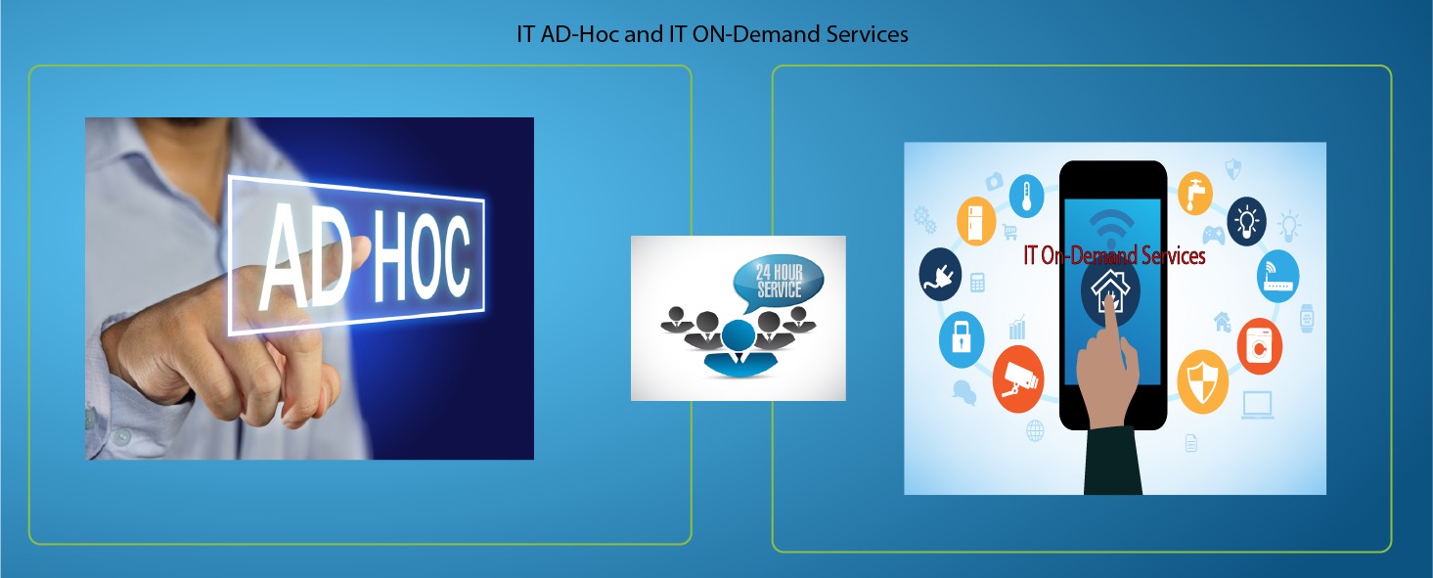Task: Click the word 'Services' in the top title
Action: pyautogui.click(x=867, y=34)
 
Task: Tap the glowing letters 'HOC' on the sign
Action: pyautogui.click(x=422, y=256)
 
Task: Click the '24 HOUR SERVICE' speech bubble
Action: pyautogui.click(x=778, y=283)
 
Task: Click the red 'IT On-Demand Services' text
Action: pyautogui.click(x=1114, y=256)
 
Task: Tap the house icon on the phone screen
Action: pyautogui.click(x=1110, y=289)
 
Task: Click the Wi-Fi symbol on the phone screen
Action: pyautogui.click(x=1111, y=226)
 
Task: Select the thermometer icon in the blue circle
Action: pyautogui.click(x=1027, y=196)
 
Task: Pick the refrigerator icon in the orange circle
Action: pyautogui.click(x=975, y=221)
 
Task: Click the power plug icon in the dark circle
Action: pyautogui.click(x=940, y=274)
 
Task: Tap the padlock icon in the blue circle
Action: pyautogui.click(x=961, y=339)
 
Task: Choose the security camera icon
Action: pyautogui.click(x=1018, y=379)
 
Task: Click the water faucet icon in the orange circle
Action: pyautogui.click(x=1195, y=193)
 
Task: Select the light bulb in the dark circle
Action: pyautogui.click(x=1246, y=221)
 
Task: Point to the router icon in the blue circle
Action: pyautogui.click(x=1277, y=276)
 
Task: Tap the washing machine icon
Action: pyautogui.click(x=1259, y=346)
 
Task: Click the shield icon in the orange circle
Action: pyautogui.click(x=1203, y=381)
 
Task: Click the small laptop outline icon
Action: pyautogui.click(x=1258, y=405)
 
